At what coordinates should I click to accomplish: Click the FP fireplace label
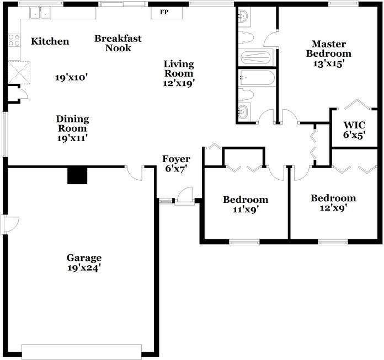point(164,12)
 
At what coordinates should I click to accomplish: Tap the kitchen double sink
point(40,13)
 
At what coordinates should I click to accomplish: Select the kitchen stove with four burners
point(14,40)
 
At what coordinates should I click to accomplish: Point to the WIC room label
point(354,125)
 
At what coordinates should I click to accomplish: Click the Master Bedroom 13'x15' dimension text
point(329,63)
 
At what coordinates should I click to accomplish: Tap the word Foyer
point(176,159)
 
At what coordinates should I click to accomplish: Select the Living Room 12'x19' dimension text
point(179,83)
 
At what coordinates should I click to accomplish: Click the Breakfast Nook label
point(118,43)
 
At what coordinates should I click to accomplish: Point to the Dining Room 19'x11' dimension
point(72,138)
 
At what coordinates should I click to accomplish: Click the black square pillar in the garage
point(77,176)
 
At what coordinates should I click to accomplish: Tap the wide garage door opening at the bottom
point(82,352)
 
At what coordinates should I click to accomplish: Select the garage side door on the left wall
point(10,224)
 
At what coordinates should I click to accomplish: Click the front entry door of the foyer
point(185,196)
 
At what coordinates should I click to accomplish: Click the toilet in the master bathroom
point(246,37)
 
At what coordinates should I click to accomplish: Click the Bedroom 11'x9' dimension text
point(246,209)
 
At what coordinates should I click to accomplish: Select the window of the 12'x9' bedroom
point(333,243)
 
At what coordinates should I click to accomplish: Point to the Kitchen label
point(50,41)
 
